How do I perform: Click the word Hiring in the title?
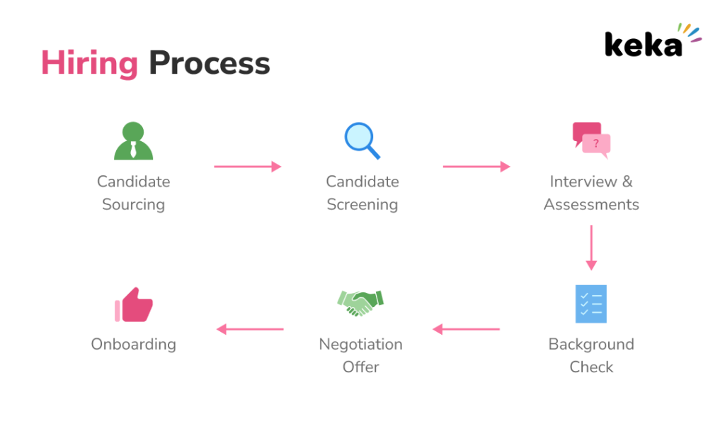[89, 63]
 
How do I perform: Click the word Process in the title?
[210, 63]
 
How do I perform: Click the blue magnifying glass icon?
[362, 140]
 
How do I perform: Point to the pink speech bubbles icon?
[591, 140]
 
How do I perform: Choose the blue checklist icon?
[591, 304]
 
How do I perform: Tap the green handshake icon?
[360, 303]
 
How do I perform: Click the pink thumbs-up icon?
[134, 304]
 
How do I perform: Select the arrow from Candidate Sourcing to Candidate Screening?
[248, 167]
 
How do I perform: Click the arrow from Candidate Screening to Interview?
[476, 167]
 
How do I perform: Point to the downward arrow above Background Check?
[591, 248]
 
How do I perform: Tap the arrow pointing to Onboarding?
[250, 329]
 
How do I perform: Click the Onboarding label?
[133, 345]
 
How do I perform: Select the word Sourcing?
[133, 204]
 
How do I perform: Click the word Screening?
[362, 204]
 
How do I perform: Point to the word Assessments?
[591, 204]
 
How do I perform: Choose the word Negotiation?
[360, 344]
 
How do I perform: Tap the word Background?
[591, 344]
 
